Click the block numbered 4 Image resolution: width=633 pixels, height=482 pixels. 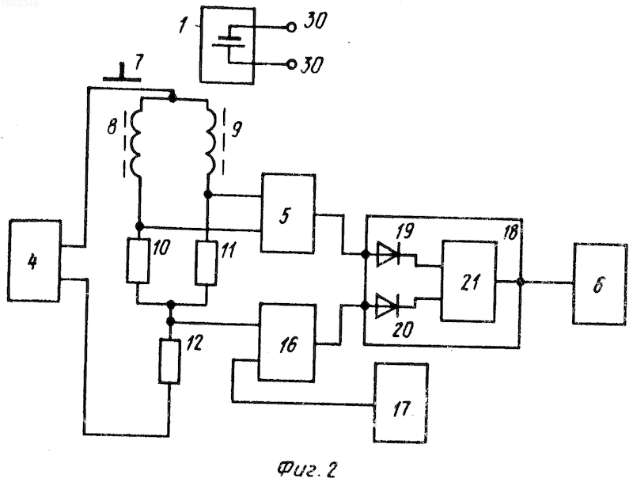coord(34,260)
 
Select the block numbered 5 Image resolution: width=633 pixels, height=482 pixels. coord(288,214)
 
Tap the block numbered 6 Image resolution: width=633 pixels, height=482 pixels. coord(600,284)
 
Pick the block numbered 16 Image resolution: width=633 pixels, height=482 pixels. coord(286,343)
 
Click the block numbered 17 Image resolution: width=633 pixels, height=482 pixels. coord(401,403)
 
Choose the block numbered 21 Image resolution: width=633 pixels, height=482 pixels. coord(469,281)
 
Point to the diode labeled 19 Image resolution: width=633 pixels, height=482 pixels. coord(388,254)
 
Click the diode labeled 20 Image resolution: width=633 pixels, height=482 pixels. coord(387,306)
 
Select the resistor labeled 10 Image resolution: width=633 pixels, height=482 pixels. coord(138,260)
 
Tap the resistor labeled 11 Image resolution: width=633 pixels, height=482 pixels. coord(207,263)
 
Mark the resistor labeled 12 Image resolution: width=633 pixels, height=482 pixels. coord(169,361)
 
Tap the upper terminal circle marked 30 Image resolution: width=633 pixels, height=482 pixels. coord(291,28)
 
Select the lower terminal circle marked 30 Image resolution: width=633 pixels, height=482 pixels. coord(291,65)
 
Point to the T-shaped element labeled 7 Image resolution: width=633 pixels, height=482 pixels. coord(122,73)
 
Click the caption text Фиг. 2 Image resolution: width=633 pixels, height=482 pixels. coord(306,469)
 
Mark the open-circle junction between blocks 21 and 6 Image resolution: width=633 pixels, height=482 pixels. coord(521,282)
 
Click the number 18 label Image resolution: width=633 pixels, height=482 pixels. coord(510,233)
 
